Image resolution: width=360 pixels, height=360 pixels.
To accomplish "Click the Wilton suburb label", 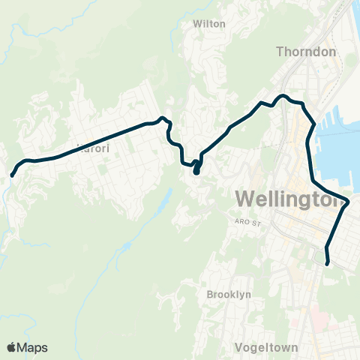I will click(209, 24).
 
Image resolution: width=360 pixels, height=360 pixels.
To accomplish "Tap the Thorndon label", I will click(307, 52).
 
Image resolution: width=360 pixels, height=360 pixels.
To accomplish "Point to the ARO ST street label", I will click(246, 223).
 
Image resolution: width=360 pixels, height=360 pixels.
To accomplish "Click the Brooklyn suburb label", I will click(229, 295).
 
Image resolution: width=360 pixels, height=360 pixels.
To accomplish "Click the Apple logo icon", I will click(12, 347).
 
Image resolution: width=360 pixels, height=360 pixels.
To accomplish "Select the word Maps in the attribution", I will click(33, 347).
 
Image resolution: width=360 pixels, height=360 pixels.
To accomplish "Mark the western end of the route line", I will click(13, 175).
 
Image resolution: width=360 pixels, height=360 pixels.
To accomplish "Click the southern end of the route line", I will click(328, 262).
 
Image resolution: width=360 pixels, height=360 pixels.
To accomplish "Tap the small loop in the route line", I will click(196, 166).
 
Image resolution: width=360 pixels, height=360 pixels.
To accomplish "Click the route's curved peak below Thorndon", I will click(283, 96).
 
